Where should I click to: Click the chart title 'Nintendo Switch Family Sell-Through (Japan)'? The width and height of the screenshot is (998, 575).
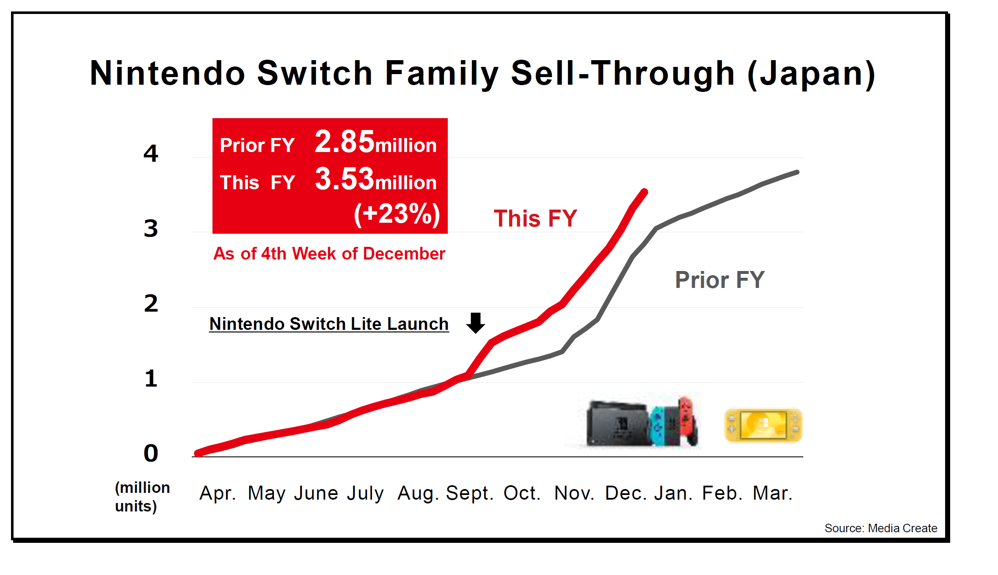pos(482,74)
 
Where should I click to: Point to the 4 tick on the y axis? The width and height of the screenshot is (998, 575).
pos(151,153)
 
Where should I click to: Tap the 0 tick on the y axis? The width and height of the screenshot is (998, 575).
pos(151,453)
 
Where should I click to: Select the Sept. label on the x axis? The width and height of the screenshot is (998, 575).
pos(469,493)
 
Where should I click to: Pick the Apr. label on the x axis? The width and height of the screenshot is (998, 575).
pos(218,493)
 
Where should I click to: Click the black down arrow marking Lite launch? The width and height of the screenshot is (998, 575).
pos(476,323)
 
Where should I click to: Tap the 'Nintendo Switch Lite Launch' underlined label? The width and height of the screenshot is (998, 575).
pos(329,324)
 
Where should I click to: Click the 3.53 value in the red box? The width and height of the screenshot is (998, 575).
pos(345,179)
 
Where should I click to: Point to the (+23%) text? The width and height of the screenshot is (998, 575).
pos(397,214)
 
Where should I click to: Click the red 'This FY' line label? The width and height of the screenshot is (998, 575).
pos(535,218)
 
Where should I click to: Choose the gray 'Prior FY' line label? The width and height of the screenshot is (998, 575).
pos(720,280)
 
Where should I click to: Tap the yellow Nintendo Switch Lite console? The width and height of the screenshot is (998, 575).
pos(763,426)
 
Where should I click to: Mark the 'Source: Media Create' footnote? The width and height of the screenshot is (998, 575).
pos(880,528)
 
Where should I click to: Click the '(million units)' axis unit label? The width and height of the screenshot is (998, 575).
pos(142,497)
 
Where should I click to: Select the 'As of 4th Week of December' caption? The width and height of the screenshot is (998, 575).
pos(329,254)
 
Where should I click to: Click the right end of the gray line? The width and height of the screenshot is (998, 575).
pos(797,172)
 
